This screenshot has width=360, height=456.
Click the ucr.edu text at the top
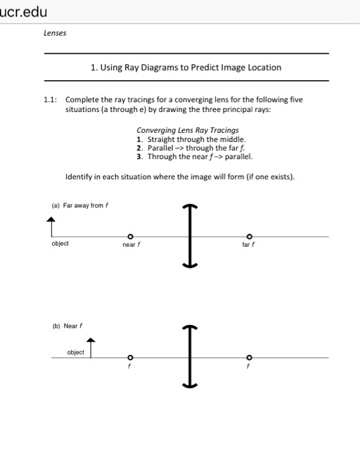[x=25, y=12]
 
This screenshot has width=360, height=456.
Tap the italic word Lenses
[x=54, y=32]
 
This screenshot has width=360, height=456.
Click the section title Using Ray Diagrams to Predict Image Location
[x=186, y=67]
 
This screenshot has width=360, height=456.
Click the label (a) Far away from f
[x=79, y=206]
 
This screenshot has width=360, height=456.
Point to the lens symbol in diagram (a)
[x=190, y=235]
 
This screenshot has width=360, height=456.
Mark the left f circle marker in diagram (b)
[x=130, y=357]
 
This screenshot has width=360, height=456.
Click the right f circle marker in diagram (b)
[x=248, y=357]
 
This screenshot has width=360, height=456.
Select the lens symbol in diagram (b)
[x=190, y=356]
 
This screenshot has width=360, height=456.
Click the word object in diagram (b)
[x=76, y=352]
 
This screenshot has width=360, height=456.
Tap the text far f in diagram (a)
[x=248, y=245]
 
